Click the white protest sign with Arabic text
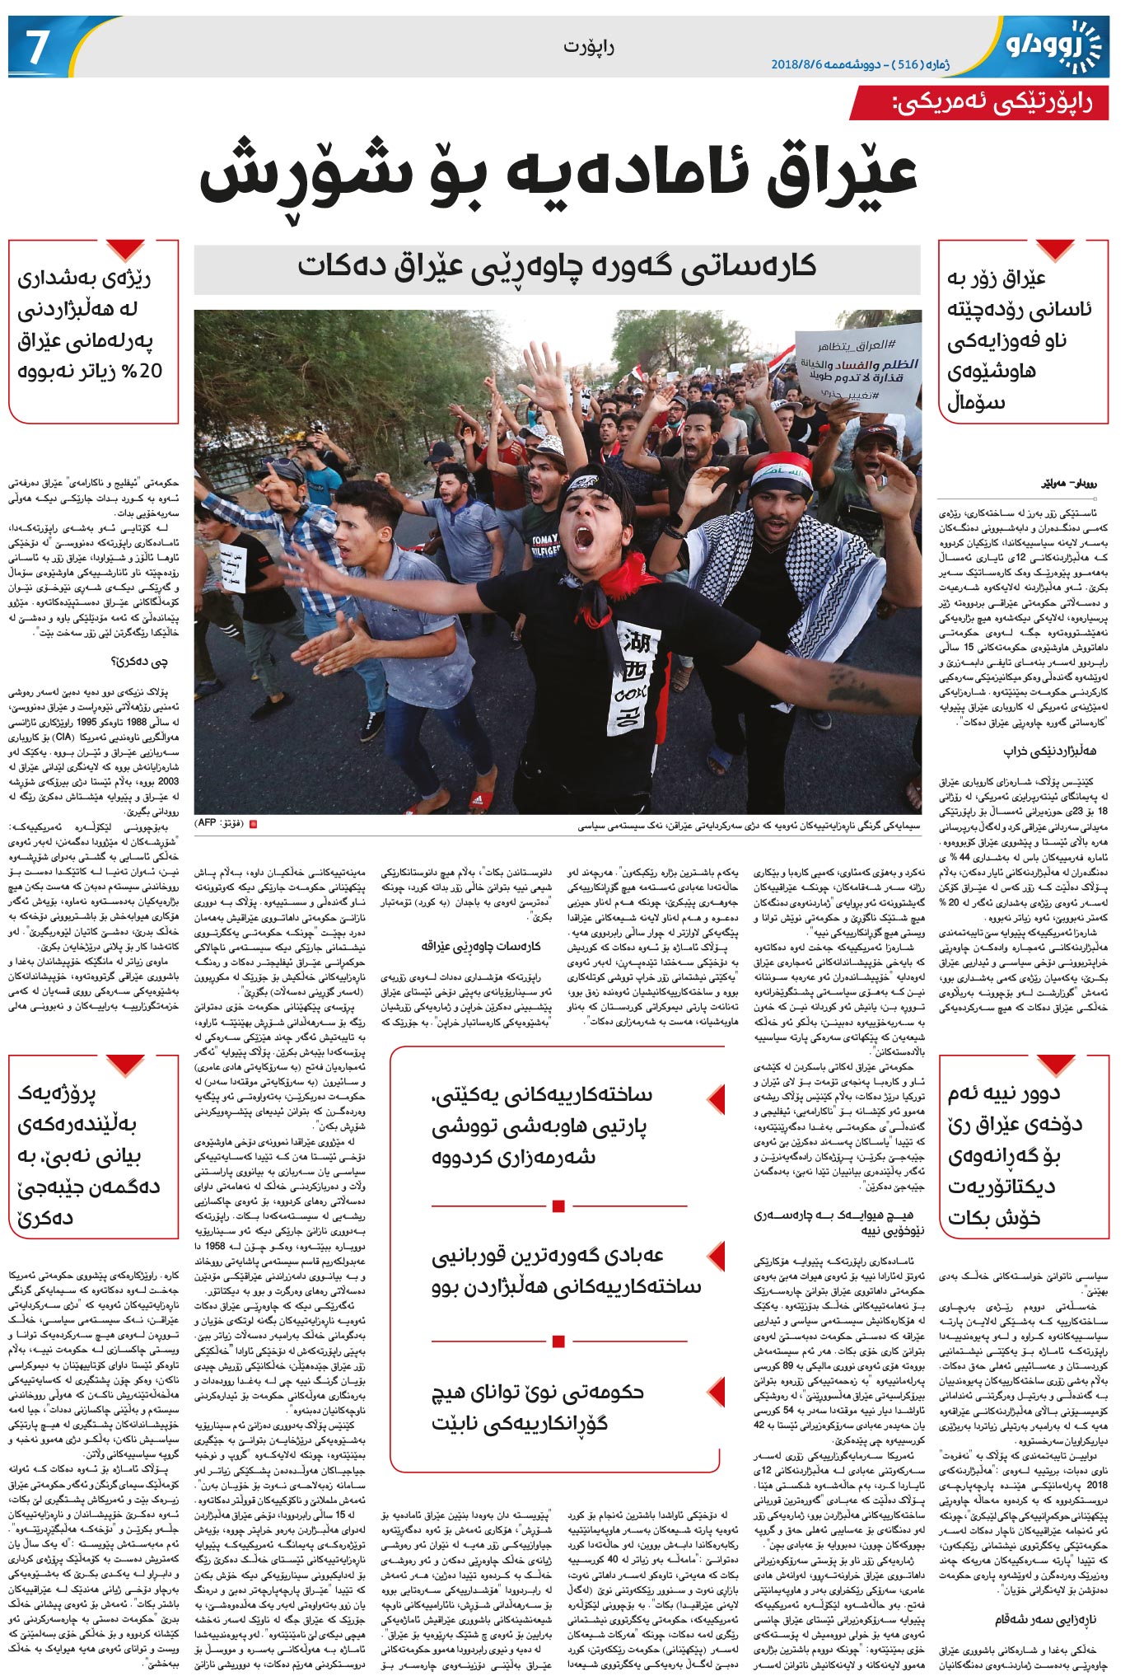pyautogui.click(x=856, y=365)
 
